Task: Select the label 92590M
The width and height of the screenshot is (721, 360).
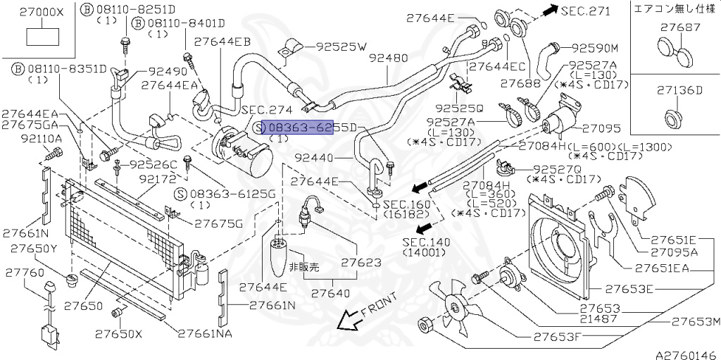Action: pos(594,48)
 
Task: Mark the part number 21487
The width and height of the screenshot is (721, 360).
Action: pos(600,318)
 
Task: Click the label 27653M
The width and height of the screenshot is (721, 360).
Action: pos(696,322)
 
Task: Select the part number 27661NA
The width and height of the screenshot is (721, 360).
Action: pos(205,333)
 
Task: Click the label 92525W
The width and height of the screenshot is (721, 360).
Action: pos(342,47)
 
